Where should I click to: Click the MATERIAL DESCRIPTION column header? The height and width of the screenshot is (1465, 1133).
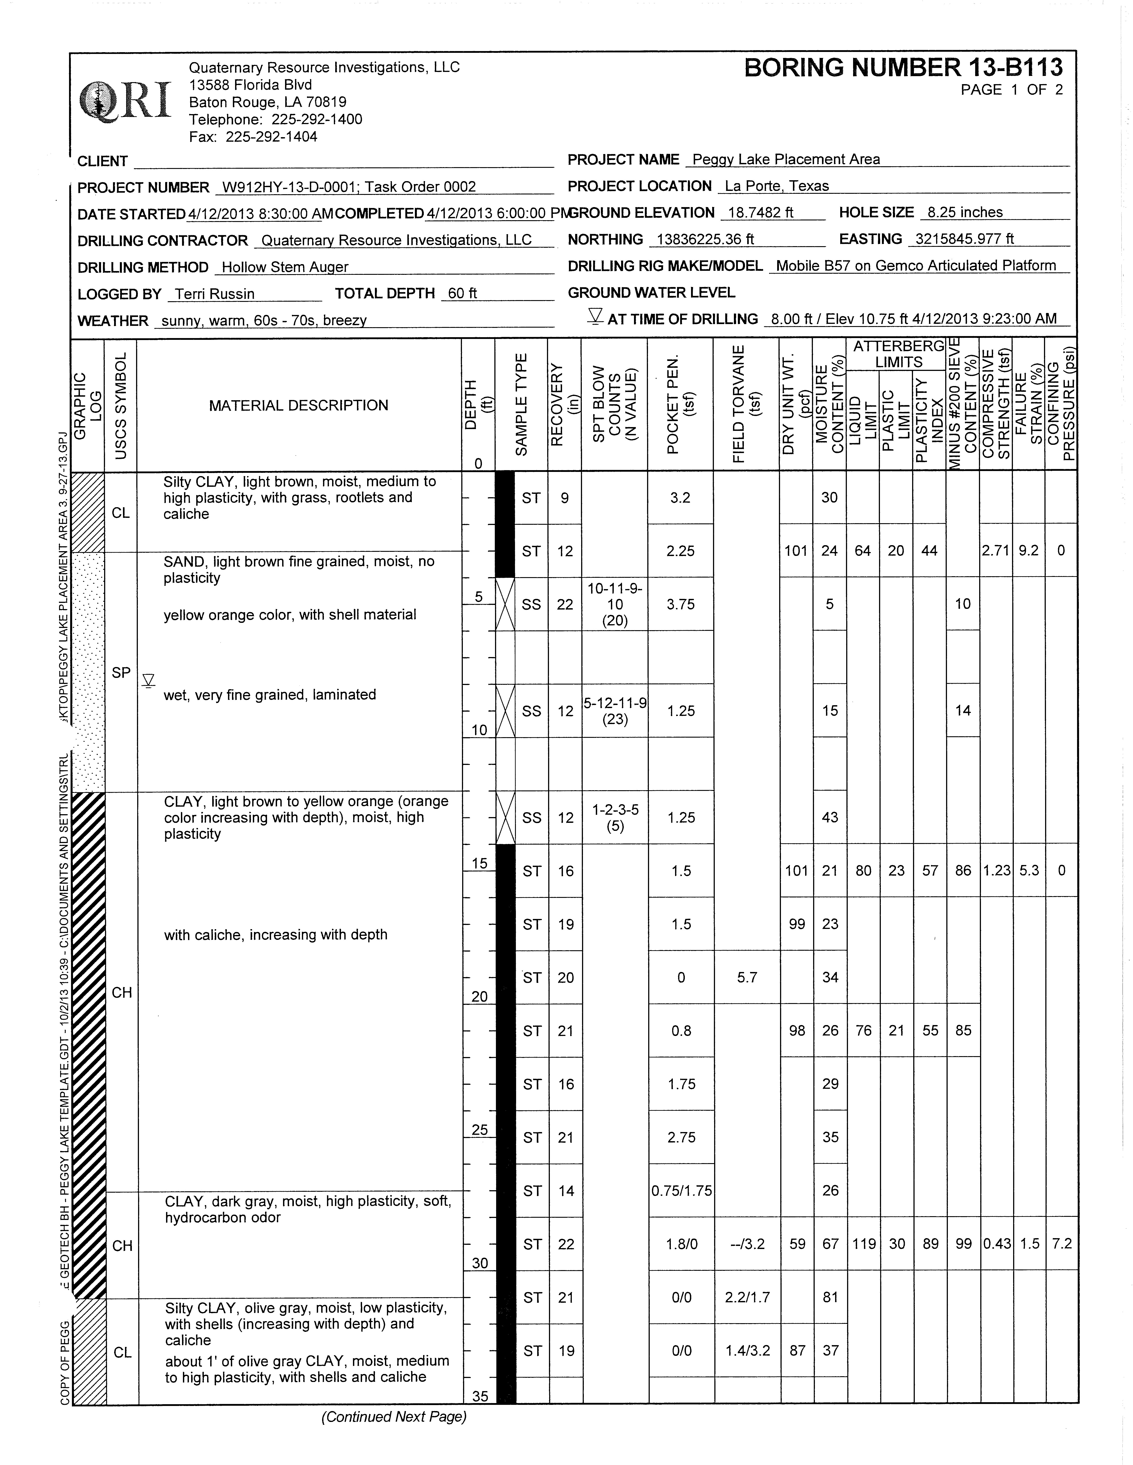[x=299, y=405]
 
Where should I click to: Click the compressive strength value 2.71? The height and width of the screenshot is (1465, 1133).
[x=996, y=551]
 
